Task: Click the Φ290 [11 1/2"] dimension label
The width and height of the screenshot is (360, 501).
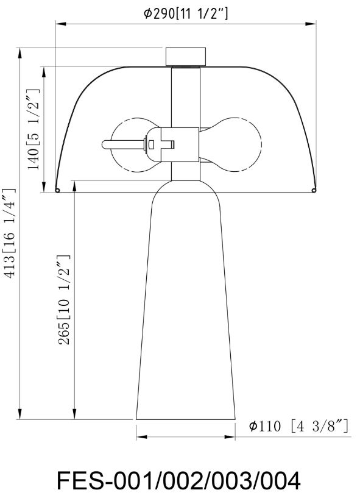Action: (186, 14)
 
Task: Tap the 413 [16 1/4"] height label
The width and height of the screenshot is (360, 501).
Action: (9, 233)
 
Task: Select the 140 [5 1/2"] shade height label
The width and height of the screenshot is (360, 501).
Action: (34, 130)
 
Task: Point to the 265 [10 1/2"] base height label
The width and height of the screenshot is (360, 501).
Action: (63, 300)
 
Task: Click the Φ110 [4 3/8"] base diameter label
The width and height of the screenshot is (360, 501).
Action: (298, 426)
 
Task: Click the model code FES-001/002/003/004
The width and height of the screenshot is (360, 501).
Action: (178, 480)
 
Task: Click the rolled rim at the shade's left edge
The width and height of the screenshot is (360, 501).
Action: (57, 190)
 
